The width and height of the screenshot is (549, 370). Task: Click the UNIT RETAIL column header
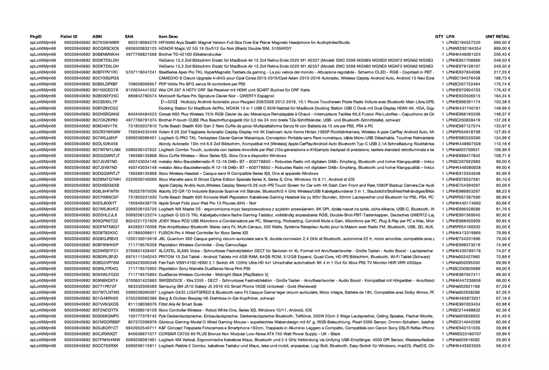[498, 36]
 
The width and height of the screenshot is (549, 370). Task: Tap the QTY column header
[439, 36]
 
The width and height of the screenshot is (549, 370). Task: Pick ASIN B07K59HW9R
[106, 42]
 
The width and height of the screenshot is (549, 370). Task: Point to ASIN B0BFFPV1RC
[106, 72]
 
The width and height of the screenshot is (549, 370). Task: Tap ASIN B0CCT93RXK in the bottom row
[106, 346]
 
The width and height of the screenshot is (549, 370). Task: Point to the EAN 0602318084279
[142, 42]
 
